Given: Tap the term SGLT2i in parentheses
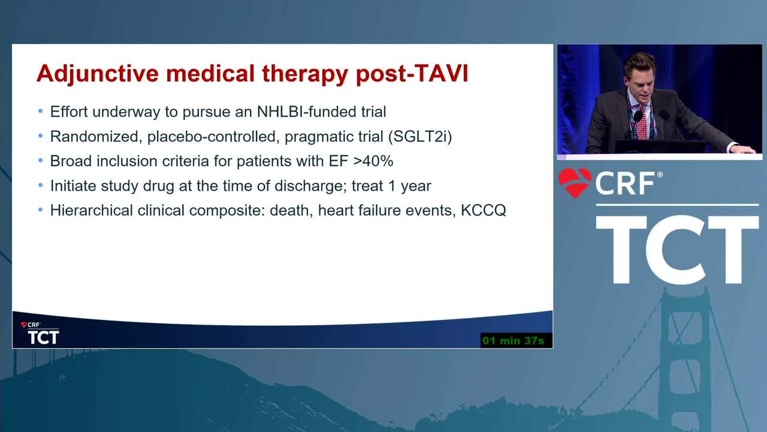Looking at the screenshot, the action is click(420, 136).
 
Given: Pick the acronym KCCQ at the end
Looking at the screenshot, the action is click(483, 211).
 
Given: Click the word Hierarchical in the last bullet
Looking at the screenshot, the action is click(92, 210).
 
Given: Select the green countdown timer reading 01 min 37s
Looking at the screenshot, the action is click(514, 340).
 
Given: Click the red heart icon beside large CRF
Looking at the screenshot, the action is click(575, 182).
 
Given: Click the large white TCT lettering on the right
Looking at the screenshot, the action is click(677, 250).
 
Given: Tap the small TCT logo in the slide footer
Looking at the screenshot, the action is click(43, 337).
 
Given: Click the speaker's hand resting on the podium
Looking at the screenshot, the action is click(744, 149).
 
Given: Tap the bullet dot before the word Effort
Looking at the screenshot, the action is click(41, 111).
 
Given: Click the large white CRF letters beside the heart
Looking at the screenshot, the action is click(626, 183).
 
